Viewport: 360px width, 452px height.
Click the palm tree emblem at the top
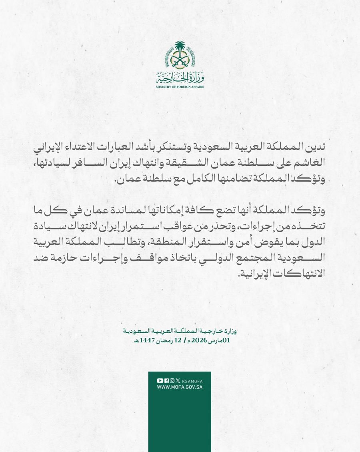pos(180,56)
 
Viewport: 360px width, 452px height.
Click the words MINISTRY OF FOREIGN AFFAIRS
pos(180,86)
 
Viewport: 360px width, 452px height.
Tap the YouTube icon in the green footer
pos(160,381)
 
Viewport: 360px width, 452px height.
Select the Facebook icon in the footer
pos(166,381)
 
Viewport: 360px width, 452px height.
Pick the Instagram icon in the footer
pos(172,381)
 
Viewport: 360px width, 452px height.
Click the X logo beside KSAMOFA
pos(178,381)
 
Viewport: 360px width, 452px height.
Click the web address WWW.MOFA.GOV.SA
pos(180,388)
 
